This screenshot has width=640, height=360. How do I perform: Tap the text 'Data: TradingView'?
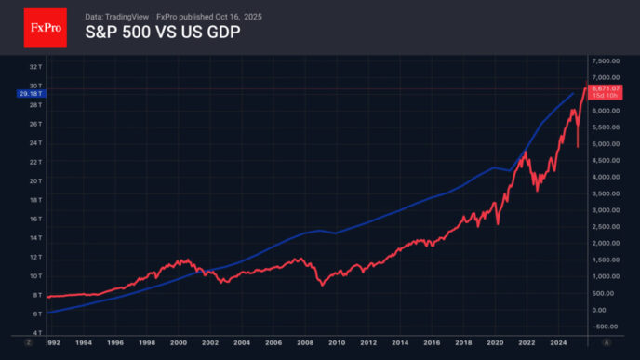[115, 17]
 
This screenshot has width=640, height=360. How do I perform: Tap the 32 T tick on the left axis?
[33, 67]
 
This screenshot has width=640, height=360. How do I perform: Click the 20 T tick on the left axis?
[33, 180]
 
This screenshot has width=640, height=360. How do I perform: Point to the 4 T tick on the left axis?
[35, 332]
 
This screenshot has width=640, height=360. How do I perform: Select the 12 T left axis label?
[33, 257]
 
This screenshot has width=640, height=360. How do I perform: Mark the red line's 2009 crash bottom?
[322, 284]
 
